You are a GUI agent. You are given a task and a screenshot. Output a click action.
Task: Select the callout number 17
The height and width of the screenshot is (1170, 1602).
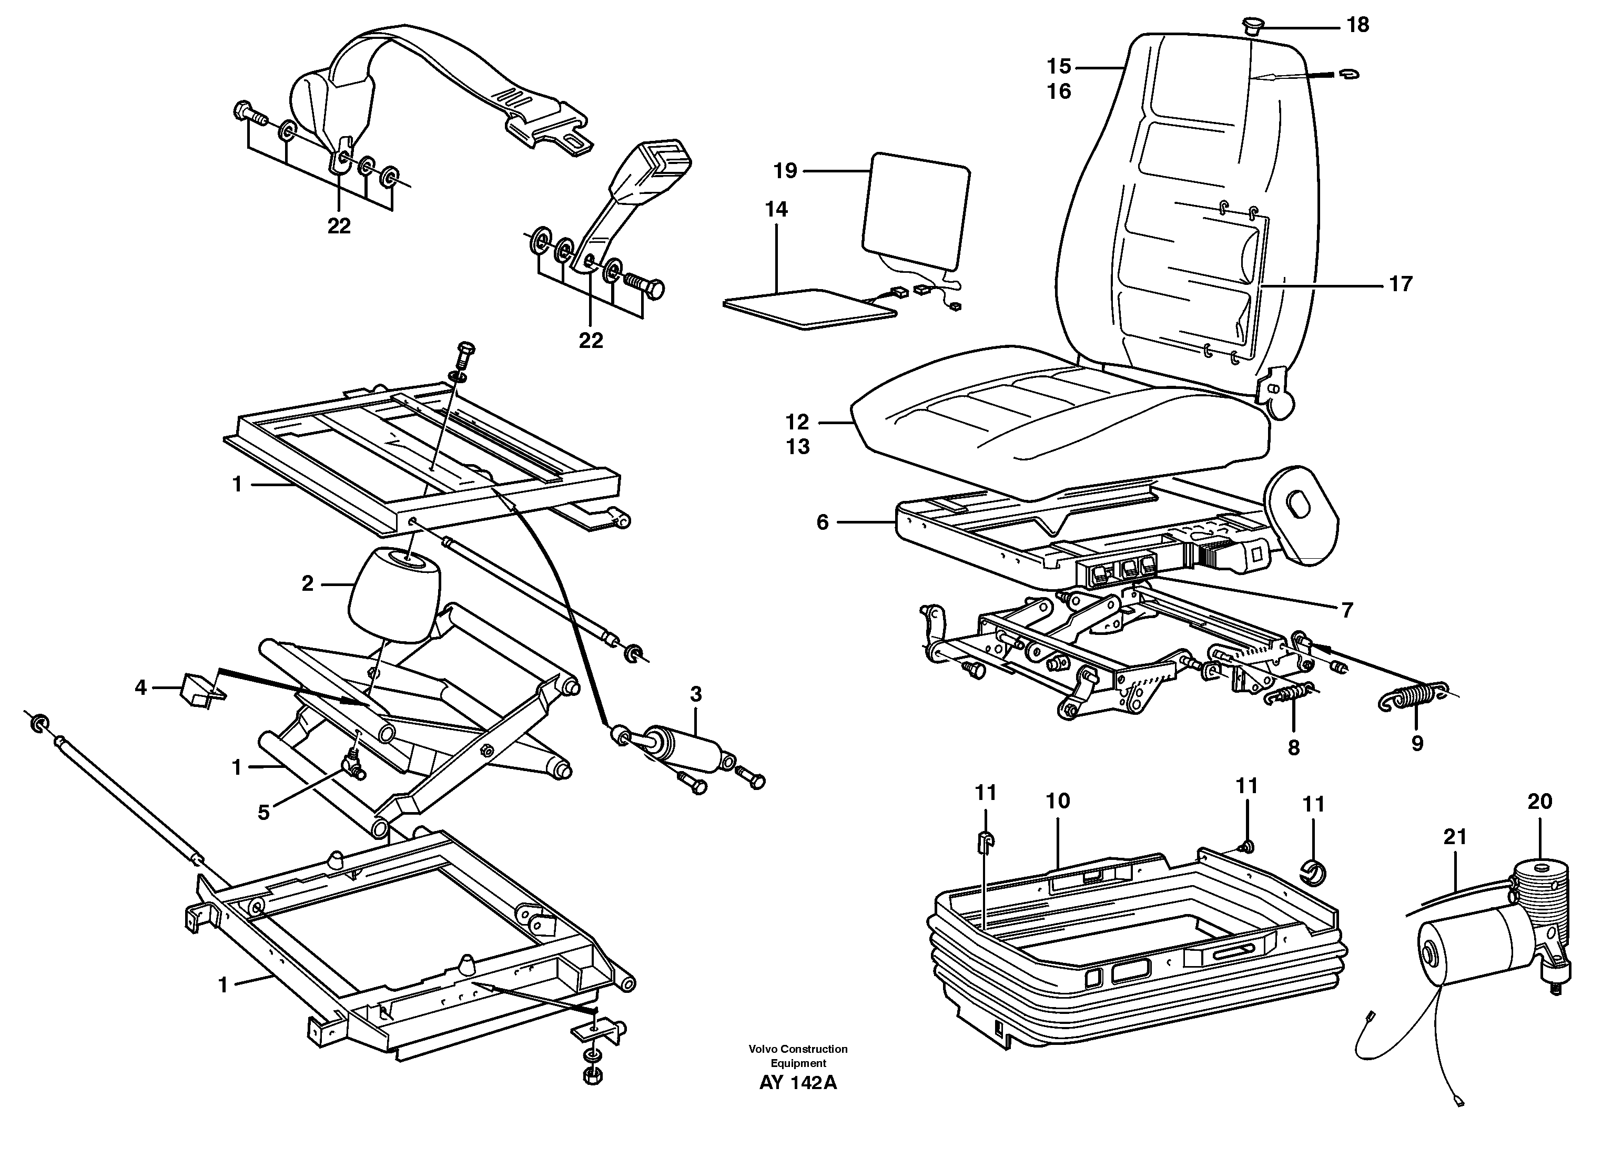1400,284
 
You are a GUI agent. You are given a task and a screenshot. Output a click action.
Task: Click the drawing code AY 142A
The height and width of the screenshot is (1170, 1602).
798,1103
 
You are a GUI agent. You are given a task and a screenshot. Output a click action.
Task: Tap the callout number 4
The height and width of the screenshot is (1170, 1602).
140,687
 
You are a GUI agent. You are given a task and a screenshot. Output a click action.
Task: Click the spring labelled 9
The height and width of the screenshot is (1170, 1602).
1414,694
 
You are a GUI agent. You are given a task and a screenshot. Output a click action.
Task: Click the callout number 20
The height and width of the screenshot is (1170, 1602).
1539,802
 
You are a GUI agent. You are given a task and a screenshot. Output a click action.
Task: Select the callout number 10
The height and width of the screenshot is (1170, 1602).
1057,801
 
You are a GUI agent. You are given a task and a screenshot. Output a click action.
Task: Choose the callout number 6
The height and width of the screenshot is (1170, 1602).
822,522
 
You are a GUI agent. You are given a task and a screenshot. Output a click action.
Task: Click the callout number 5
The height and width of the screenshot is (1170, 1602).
263,813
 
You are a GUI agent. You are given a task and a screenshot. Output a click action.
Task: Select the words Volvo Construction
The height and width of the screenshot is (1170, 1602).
798,1049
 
